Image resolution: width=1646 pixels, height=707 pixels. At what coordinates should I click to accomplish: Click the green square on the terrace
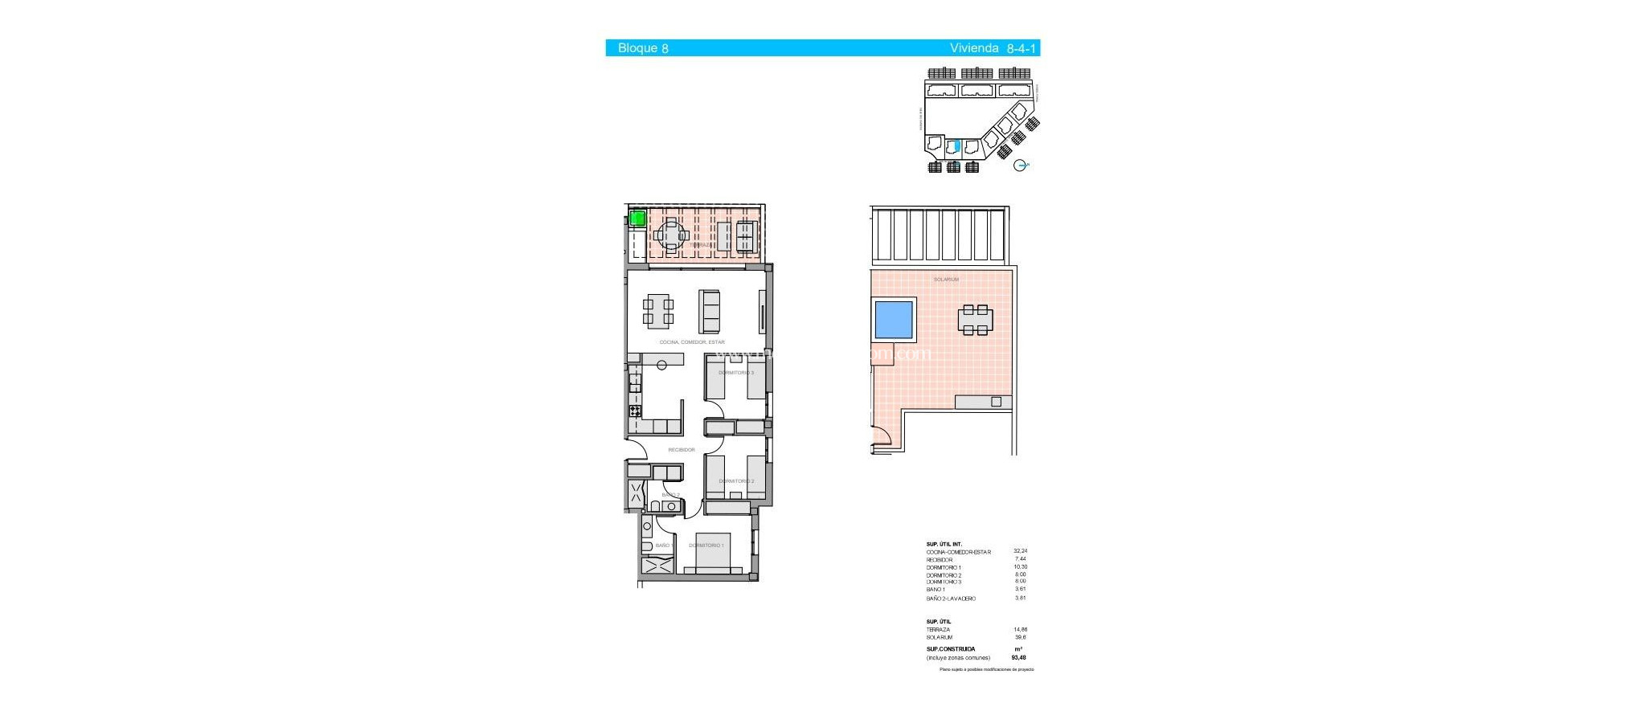637,218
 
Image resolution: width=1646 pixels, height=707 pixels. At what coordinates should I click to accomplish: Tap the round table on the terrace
670,235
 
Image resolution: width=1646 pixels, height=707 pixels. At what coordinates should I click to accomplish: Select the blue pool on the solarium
893,319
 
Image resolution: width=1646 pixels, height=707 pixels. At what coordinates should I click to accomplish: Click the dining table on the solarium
975,320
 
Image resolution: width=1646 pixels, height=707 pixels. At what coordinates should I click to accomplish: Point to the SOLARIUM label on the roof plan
946,280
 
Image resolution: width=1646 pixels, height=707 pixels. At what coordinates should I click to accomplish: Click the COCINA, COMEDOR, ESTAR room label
691,342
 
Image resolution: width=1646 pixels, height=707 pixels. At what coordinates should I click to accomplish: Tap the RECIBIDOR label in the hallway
682,450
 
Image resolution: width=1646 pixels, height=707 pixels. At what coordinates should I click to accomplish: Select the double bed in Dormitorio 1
708,553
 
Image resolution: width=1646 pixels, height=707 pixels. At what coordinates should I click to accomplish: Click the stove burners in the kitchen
635,411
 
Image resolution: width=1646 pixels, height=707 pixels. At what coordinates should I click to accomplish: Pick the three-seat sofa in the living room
709,312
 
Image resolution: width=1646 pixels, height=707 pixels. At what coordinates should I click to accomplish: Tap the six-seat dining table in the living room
658,311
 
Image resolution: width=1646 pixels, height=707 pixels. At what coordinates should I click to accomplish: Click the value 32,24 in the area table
1020,551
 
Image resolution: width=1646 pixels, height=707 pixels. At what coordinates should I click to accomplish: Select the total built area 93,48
1019,658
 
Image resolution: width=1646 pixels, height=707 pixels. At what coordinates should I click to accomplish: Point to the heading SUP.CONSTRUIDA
951,649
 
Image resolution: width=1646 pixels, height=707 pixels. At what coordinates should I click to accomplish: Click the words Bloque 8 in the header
643,48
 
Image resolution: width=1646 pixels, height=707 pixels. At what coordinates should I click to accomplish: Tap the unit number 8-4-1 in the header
1021,48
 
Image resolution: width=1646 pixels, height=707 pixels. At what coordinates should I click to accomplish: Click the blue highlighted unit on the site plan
956,146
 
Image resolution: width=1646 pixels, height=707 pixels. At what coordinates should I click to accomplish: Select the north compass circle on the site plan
1021,166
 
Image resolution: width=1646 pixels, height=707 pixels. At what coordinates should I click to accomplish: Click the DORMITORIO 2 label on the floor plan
736,481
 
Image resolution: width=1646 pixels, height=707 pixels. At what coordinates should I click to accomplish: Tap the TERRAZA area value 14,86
1020,630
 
